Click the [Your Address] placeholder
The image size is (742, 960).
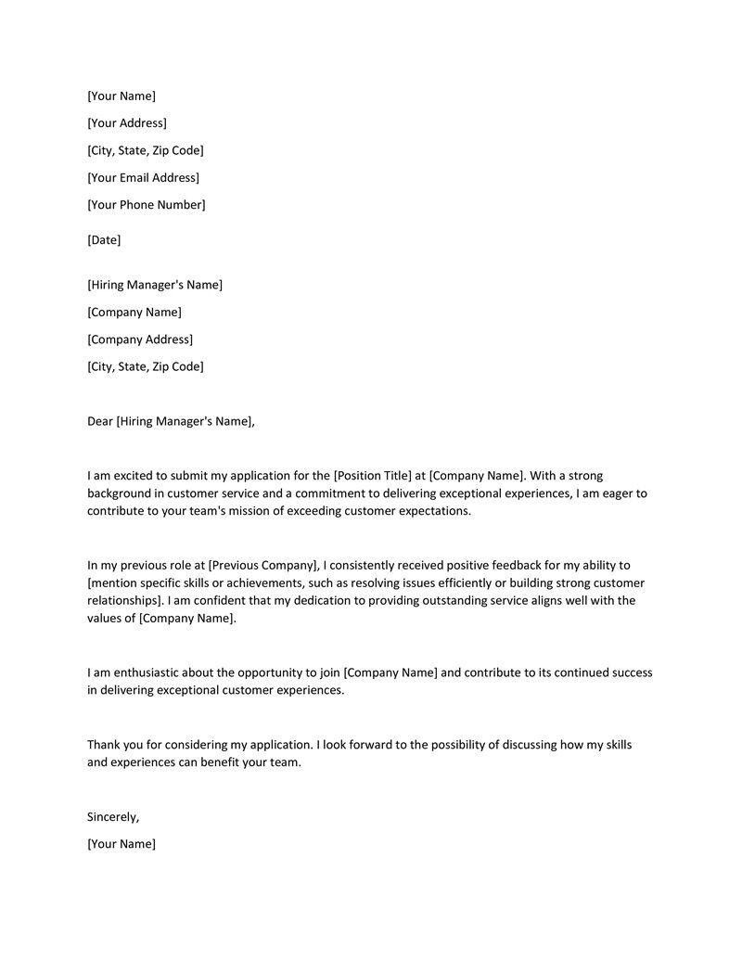tap(127, 123)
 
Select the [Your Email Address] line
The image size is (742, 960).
tap(143, 177)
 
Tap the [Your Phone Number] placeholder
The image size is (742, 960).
tap(147, 204)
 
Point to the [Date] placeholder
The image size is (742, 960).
tap(104, 240)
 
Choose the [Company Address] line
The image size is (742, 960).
tap(140, 339)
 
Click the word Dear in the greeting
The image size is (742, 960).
tap(99, 421)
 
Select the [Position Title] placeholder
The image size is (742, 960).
tap(372, 476)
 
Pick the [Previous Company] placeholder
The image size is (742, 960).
tap(264, 565)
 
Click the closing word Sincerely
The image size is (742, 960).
tap(113, 817)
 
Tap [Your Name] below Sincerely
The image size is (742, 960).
tap(122, 844)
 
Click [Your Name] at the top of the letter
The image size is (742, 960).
tap(122, 96)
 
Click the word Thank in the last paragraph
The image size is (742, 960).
tap(104, 745)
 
